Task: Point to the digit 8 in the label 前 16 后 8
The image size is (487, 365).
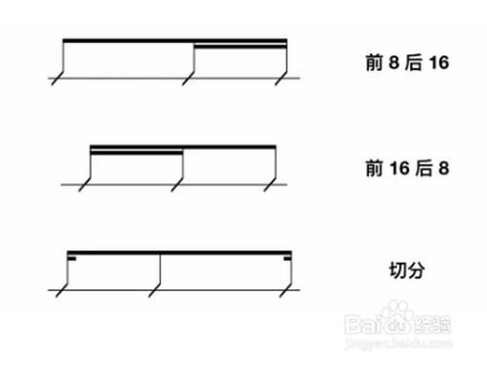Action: (442, 168)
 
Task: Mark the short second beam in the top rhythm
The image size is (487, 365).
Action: (241, 45)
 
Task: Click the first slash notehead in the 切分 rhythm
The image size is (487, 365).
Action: (62, 289)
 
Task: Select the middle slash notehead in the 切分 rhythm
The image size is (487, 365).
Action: (156, 289)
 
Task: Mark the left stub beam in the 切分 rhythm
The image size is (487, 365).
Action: (71, 258)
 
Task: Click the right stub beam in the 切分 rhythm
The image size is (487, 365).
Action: (287, 258)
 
